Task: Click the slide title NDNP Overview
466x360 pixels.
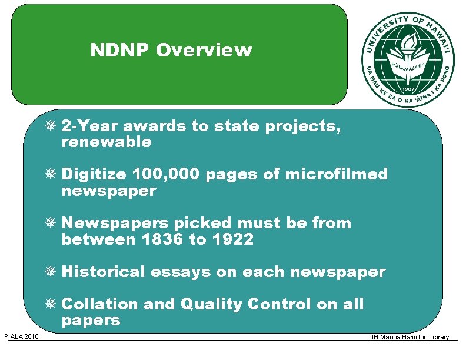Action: (x=171, y=51)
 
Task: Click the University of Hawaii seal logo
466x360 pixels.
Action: (x=408, y=58)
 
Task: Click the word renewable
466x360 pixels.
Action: (x=106, y=142)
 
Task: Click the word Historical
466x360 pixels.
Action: (x=103, y=272)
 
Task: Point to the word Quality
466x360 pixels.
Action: (x=212, y=304)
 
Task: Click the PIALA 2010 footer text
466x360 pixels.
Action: (x=21, y=336)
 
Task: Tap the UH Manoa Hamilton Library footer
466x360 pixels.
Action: (x=408, y=337)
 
